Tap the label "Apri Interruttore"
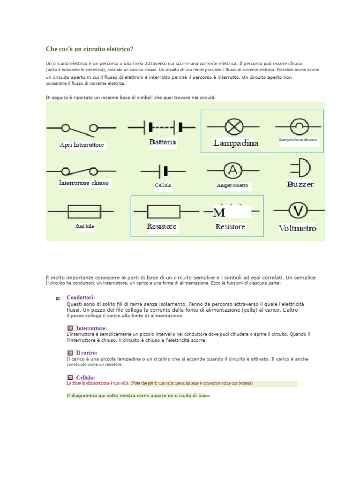[x=82, y=145]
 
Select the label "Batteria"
[x=162, y=142]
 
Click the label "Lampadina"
[x=236, y=143]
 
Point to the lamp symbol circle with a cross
[x=232, y=127]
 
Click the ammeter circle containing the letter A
[x=232, y=171]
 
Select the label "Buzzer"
[x=300, y=184]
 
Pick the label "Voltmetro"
[x=298, y=228]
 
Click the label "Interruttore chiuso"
[x=84, y=183]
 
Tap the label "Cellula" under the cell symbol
[x=163, y=185]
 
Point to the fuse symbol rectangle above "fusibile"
[x=84, y=211]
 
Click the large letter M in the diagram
[x=219, y=213]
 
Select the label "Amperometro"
[x=232, y=186]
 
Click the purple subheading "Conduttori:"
[x=81, y=297]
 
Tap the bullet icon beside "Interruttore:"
[x=69, y=328]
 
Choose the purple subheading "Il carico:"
[x=87, y=352]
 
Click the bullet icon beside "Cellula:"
[x=69, y=377]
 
